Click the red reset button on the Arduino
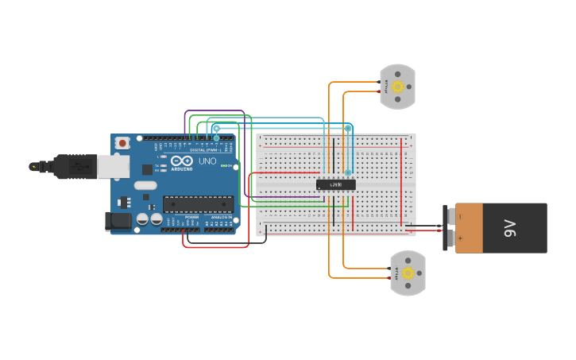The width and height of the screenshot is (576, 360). (122, 143)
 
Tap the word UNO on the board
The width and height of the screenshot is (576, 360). (207, 161)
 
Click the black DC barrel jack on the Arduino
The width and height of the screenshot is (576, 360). (118, 221)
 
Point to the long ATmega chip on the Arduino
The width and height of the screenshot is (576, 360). (198, 204)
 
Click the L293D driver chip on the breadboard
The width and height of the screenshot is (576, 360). (335, 184)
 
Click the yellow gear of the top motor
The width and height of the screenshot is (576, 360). (398, 87)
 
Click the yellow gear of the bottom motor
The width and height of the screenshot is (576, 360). (408, 273)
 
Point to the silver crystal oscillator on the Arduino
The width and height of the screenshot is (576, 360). (145, 185)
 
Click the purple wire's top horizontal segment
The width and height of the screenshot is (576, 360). (215, 111)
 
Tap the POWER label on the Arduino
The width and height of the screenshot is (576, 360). (191, 217)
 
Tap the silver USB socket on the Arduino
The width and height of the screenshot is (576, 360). (114, 166)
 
